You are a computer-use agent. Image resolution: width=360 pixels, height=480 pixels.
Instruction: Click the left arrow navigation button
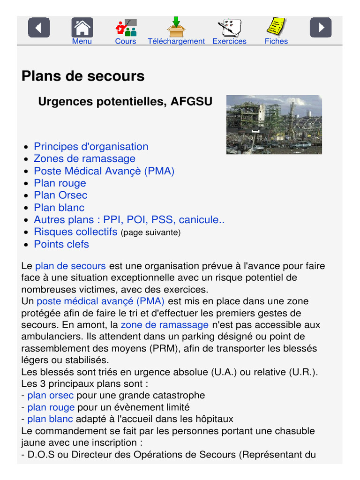pyautogui.click(x=39, y=28)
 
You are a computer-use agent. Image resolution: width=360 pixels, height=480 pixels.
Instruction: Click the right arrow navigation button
pyautogui.click(x=321, y=28)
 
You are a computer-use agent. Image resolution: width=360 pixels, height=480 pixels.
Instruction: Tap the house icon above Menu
pyautogui.click(x=82, y=28)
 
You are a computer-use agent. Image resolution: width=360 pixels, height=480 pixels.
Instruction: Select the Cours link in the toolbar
pyautogui.click(x=126, y=41)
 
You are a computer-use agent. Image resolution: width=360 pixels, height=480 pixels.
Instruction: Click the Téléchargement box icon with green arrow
pyautogui.click(x=176, y=27)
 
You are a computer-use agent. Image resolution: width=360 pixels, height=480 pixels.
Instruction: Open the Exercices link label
pyautogui.click(x=229, y=41)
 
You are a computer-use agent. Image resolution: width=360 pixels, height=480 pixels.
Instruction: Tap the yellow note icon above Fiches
pyautogui.click(x=276, y=27)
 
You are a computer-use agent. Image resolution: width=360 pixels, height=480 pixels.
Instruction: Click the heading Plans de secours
pyautogui.click(x=83, y=76)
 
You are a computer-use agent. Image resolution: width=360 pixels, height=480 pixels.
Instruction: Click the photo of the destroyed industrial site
pyautogui.click(x=274, y=125)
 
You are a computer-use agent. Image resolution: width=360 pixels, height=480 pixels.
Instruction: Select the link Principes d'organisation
pyautogui.click(x=91, y=147)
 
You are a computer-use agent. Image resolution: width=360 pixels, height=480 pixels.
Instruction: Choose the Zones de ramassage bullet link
pyautogui.click(x=84, y=159)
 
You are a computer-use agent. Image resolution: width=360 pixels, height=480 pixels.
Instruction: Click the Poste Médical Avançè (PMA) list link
pyautogui.click(x=104, y=171)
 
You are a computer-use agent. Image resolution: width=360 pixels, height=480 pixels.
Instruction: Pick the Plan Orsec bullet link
pyautogui.click(x=60, y=195)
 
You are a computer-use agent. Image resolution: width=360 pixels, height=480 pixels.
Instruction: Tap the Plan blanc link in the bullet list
pyautogui.click(x=59, y=208)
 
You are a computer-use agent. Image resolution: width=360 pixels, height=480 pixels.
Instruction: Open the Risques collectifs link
pyautogui.click(x=75, y=232)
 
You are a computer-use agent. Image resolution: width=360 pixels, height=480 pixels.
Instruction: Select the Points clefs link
pyautogui.click(x=61, y=244)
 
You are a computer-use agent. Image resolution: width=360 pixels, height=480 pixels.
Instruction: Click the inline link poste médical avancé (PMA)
pyautogui.click(x=100, y=301)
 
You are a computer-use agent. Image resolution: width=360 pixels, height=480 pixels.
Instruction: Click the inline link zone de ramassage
pyautogui.click(x=165, y=325)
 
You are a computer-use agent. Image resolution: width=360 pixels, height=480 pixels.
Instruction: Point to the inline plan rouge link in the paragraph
pyautogui.click(x=51, y=407)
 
